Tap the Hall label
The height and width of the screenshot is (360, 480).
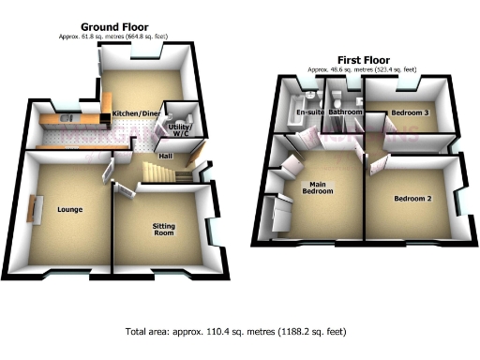click(x=164, y=156)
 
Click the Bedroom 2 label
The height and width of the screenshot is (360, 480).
click(x=412, y=199)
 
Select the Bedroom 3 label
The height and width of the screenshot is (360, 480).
click(x=410, y=112)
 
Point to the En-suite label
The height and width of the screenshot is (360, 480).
click(x=308, y=113)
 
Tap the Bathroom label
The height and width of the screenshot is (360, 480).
click(x=345, y=112)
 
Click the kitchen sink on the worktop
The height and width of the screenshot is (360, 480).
click(x=65, y=118)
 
